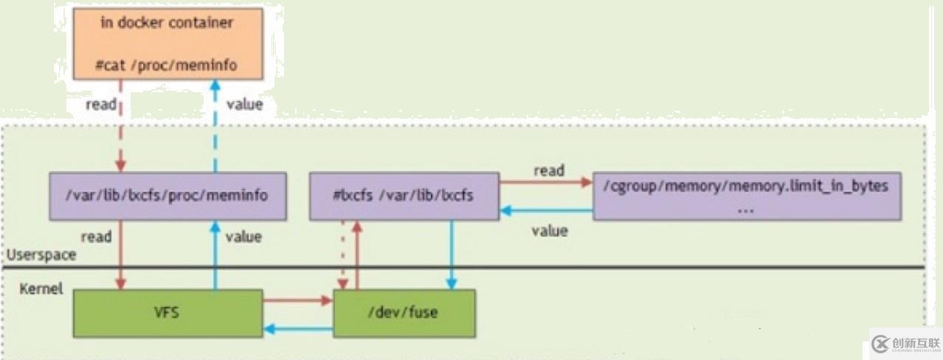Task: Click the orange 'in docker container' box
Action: [167, 44]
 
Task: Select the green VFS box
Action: [167, 312]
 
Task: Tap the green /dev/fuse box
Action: [404, 312]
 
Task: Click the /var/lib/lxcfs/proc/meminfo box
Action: [167, 195]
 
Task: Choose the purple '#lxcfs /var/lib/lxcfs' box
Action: [404, 195]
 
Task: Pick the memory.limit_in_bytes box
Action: [747, 195]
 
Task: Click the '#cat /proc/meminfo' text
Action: [166, 66]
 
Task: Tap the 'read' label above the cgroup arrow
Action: [548, 170]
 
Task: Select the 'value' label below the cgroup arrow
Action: [550, 231]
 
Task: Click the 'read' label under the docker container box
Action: [101, 104]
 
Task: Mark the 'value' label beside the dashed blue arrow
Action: [244, 104]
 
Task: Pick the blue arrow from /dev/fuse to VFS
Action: [298, 329]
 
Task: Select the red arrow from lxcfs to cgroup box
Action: [546, 181]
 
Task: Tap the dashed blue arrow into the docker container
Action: [215, 125]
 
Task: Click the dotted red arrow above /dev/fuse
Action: [342, 255]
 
